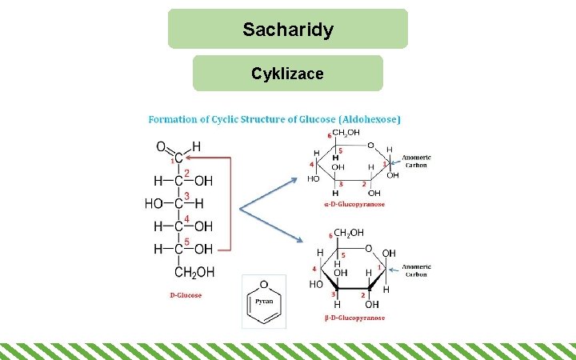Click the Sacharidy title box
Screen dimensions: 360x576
point(288,30)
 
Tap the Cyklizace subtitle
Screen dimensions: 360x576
point(288,74)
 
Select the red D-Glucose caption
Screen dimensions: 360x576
point(186,295)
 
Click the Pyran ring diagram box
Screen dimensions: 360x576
point(264,302)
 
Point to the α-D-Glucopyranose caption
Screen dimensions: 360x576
point(354,204)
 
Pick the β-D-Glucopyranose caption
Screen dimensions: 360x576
point(354,318)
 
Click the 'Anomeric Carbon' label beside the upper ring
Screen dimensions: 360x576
point(415,161)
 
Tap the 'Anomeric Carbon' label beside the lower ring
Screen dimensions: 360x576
point(416,270)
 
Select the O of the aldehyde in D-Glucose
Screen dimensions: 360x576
point(161,147)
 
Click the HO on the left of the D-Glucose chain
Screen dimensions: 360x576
point(154,203)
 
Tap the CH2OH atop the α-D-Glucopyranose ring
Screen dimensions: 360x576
point(345,134)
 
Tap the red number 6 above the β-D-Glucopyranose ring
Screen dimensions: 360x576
point(330,236)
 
